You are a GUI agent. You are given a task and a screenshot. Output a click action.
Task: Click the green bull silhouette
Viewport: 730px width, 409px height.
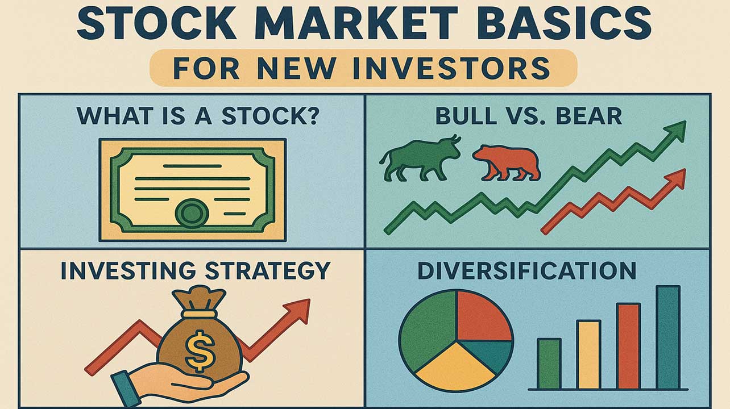[420, 158]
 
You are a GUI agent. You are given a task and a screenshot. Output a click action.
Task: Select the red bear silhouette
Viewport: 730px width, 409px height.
[507, 163]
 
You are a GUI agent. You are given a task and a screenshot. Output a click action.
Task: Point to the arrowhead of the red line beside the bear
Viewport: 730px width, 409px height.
[675, 179]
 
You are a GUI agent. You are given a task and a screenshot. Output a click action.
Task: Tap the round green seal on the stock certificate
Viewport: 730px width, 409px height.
[192, 213]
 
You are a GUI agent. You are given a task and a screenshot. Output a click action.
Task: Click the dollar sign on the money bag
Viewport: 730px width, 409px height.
[200, 351]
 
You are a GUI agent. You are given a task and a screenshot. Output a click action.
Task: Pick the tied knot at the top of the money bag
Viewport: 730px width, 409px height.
[199, 301]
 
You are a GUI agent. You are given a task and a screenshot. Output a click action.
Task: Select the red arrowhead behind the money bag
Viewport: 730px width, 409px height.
[298, 311]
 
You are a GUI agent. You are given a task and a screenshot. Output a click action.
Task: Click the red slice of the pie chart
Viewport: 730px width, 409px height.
[484, 316]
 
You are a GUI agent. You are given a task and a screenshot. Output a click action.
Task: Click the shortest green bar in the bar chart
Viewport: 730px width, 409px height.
[549, 364]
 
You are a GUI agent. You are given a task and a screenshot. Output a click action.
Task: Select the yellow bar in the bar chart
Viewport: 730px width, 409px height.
[588, 354]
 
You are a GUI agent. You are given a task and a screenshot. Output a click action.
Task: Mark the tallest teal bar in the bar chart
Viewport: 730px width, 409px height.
[668, 337]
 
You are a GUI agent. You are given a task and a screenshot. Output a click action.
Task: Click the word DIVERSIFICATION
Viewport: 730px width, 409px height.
[527, 270]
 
